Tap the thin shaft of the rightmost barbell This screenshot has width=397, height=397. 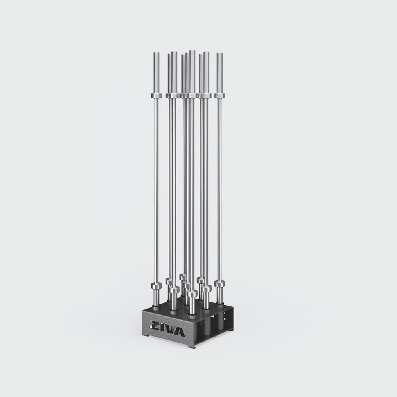219,186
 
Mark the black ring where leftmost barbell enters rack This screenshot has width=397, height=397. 156,309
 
